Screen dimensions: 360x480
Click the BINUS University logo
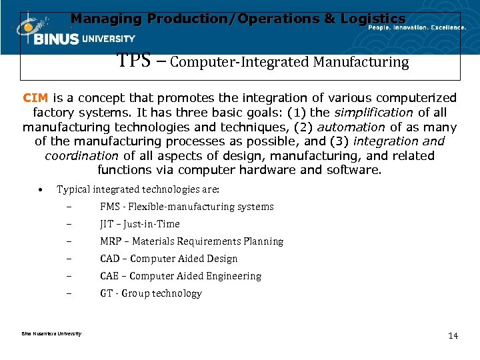pos(73,33)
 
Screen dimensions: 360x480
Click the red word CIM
pos(35,98)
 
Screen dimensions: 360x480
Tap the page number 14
pos(453,335)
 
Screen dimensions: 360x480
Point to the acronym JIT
pos(107,224)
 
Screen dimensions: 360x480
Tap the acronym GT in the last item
pos(106,293)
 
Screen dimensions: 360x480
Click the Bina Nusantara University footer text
pos(47,333)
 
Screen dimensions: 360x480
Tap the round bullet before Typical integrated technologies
pos(41,189)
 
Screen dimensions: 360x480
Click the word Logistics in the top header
pos(372,19)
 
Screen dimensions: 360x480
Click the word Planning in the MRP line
pos(263,241)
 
